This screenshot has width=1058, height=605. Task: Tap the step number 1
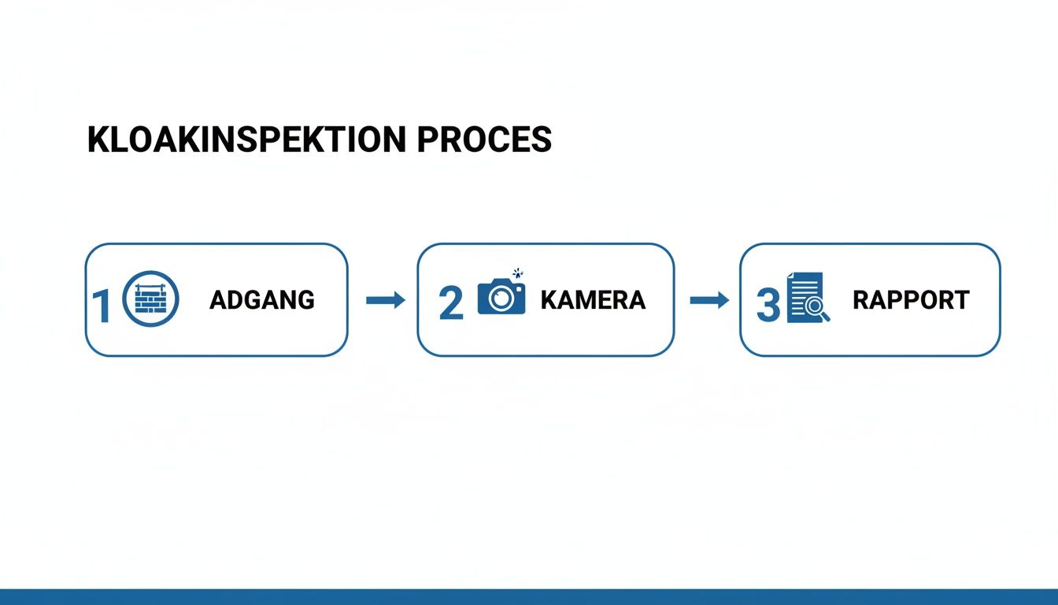(102, 306)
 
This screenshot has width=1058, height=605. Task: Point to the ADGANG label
(262, 300)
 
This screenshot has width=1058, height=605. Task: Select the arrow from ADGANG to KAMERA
(385, 300)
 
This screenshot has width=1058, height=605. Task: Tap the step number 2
(451, 303)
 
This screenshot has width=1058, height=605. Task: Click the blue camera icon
(501, 296)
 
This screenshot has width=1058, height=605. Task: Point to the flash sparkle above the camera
(517, 273)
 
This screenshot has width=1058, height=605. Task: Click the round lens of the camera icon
(501, 299)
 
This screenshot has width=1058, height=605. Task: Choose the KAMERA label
(593, 300)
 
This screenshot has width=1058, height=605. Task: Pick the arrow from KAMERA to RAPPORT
(709, 300)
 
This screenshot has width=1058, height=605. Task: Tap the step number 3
(768, 306)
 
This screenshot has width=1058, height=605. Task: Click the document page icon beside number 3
(805, 296)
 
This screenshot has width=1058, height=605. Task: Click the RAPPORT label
(911, 300)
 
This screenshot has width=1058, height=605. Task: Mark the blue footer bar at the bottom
(529, 596)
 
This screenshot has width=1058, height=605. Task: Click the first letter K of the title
(98, 139)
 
